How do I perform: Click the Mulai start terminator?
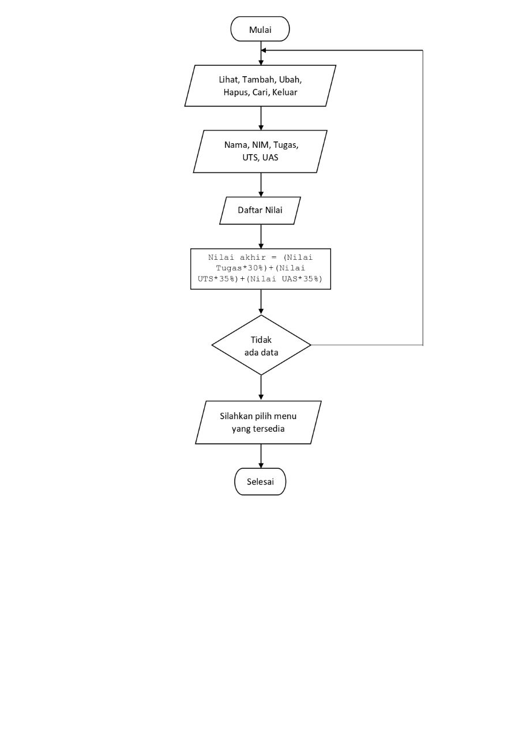click(x=260, y=29)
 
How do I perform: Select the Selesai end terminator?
click(x=260, y=482)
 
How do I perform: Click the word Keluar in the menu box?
click(x=285, y=92)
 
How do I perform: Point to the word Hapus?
click(x=236, y=92)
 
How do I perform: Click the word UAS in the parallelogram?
click(x=270, y=157)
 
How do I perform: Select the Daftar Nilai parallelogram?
click(x=260, y=211)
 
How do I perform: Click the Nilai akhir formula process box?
click(x=261, y=268)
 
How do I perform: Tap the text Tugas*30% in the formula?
click(x=242, y=268)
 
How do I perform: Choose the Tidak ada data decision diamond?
click(x=261, y=345)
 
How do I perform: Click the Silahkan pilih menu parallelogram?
click(x=258, y=422)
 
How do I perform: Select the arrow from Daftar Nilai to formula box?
click(x=261, y=236)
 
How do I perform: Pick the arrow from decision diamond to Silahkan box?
click(x=261, y=388)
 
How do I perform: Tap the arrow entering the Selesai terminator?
click(x=261, y=456)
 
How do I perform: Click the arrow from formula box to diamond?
click(x=261, y=302)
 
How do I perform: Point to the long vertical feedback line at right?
click(x=423, y=196)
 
